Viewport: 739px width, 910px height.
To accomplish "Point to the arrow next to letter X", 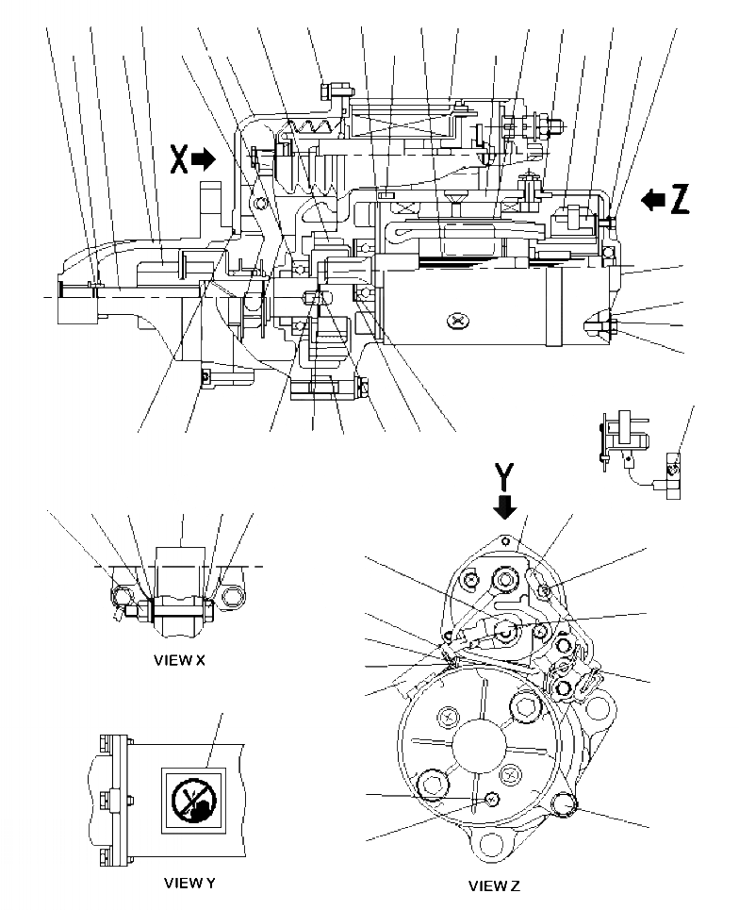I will click(x=204, y=160).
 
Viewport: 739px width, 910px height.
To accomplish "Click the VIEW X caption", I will click(x=179, y=661).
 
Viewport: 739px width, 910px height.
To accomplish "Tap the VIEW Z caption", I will click(x=494, y=886).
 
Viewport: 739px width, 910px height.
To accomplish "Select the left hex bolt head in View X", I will click(x=120, y=596).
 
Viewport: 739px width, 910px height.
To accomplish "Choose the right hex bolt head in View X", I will click(x=230, y=596).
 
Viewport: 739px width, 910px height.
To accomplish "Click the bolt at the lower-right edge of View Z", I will click(x=565, y=803).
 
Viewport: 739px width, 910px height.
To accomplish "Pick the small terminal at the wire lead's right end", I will click(x=673, y=467).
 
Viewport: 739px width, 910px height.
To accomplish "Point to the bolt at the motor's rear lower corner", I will click(x=607, y=327).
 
